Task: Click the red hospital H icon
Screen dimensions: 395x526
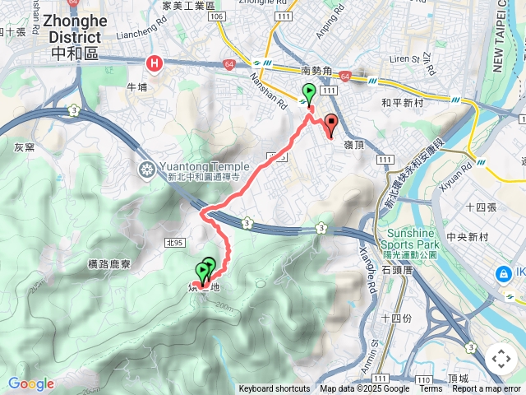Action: point(154,63)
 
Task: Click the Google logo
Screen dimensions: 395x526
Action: point(30,383)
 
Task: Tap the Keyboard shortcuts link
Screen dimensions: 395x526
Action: point(275,389)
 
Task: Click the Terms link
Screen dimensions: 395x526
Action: point(431,389)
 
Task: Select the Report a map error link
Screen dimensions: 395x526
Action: point(487,389)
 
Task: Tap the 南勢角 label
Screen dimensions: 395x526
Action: point(316,72)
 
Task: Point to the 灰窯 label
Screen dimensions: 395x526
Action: point(24,147)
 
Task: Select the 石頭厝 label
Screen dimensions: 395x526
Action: point(398,269)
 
